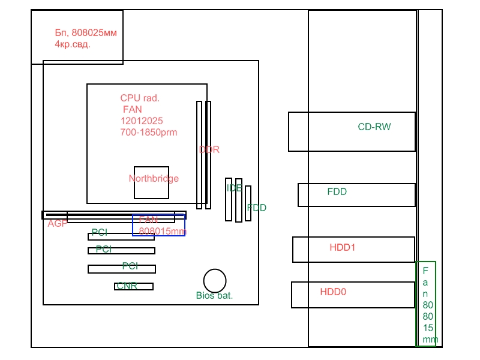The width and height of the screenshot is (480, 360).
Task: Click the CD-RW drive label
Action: coord(374,127)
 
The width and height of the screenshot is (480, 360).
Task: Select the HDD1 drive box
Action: coord(353,250)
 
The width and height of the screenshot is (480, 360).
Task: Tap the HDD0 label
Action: coord(333,292)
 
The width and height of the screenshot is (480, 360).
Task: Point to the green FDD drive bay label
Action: coord(337,192)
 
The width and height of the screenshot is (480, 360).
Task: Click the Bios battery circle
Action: coord(215,281)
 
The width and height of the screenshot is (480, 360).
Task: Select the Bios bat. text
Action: coord(214,295)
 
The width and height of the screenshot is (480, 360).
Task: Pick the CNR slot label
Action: coord(127,286)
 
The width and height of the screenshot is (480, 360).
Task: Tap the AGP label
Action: coord(58,223)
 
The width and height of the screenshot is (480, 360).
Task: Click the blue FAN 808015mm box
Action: coord(158,226)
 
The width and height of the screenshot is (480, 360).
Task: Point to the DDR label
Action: coord(209,149)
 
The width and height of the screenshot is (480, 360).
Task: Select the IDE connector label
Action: coord(234,188)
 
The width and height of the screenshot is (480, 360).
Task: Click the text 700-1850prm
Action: coord(149,132)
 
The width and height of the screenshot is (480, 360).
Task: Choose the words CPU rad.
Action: coord(140,98)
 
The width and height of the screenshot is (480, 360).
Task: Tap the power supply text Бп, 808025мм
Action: coord(85,33)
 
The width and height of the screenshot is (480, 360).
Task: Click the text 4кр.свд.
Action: coord(73,44)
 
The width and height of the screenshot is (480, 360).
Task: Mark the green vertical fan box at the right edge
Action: coord(426,304)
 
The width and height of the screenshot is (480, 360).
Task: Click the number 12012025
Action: coord(142,121)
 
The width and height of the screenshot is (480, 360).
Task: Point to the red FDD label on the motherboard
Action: coord(257,208)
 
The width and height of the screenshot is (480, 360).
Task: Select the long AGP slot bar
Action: coord(114,215)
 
